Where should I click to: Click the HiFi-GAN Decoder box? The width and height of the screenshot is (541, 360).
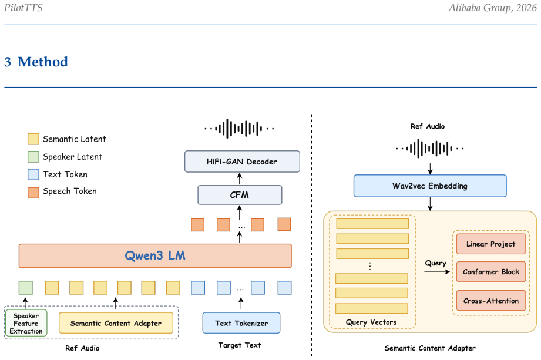pyautogui.click(x=242, y=162)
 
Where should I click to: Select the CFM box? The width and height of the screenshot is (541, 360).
pyautogui.click(x=240, y=195)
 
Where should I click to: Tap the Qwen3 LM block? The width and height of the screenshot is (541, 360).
pyautogui.click(x=155, y=256)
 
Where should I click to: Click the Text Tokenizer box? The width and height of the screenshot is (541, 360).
pyautogui.click(x=241, y=323)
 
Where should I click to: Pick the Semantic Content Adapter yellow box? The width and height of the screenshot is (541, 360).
pyautogui.click(x=116, y=323)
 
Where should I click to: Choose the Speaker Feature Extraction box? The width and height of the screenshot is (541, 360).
pyautogui.click(x=26, y=323)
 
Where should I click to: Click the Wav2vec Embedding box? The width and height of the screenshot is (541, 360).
pyautogui.click(x=430, y=186)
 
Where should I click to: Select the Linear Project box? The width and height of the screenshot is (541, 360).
pyautogui.click(x=491, y=244)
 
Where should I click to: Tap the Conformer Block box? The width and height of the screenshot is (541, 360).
pyautogui.click(x=491, y=272)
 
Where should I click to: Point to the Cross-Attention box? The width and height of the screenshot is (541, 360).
pyautogui.click(x=491, y=301)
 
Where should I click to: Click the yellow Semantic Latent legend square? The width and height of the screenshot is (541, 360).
pyautogui.click(x=33, y=139)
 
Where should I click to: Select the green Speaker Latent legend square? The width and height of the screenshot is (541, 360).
pyautogui.click(x=33, y=157)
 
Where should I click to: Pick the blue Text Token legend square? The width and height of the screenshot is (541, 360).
pyautogui.click(x=33, y=174)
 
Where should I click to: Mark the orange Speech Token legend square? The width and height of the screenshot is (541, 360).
pyautogui.click(x=33, y=193)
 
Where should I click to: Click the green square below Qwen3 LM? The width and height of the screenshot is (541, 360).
pyautogui.click(x=26, y=288)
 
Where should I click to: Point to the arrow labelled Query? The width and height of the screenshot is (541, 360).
pyautogui.click(x=437, y=272)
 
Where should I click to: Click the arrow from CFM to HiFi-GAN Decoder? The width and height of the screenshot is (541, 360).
pyautogui.click(x=240, y=179)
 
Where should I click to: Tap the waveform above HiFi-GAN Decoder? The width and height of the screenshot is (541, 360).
pyautogui.click(x=240, y=129)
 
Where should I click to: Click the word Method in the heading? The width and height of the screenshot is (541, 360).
pyautogui.click(x=43, y=62)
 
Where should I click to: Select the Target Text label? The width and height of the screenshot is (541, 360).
pyautogui.click(x=240, y=345)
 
